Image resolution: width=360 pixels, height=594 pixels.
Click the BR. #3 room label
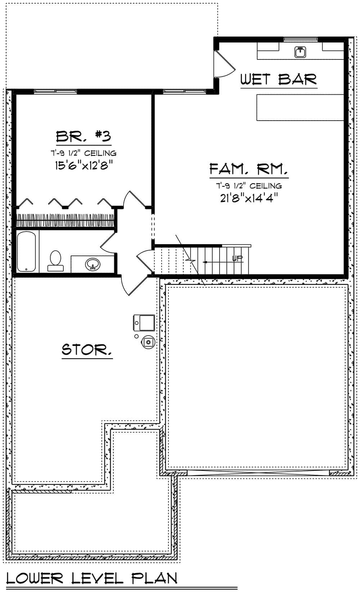[83, 136]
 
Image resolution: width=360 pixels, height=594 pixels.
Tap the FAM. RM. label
[249, 169]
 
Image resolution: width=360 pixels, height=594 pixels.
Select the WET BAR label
[278, 79]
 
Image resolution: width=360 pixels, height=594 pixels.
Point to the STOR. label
[87, 350]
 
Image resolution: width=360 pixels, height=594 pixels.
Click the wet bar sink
[300, 52]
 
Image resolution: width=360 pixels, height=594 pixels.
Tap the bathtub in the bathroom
[26, 252]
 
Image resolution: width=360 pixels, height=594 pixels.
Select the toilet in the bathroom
[55, 260]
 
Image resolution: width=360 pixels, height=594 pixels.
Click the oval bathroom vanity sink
[93, 265]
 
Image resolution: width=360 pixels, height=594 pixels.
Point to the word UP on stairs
[237, 258]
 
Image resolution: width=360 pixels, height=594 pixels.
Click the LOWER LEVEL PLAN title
[92, 579]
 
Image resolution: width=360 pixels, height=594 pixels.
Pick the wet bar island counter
[300, 107]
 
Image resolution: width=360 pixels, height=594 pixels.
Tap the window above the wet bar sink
[300, 39]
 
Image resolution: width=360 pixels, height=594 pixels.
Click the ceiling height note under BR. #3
[83, 153]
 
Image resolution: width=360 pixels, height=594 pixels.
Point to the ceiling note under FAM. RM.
[249, 186]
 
